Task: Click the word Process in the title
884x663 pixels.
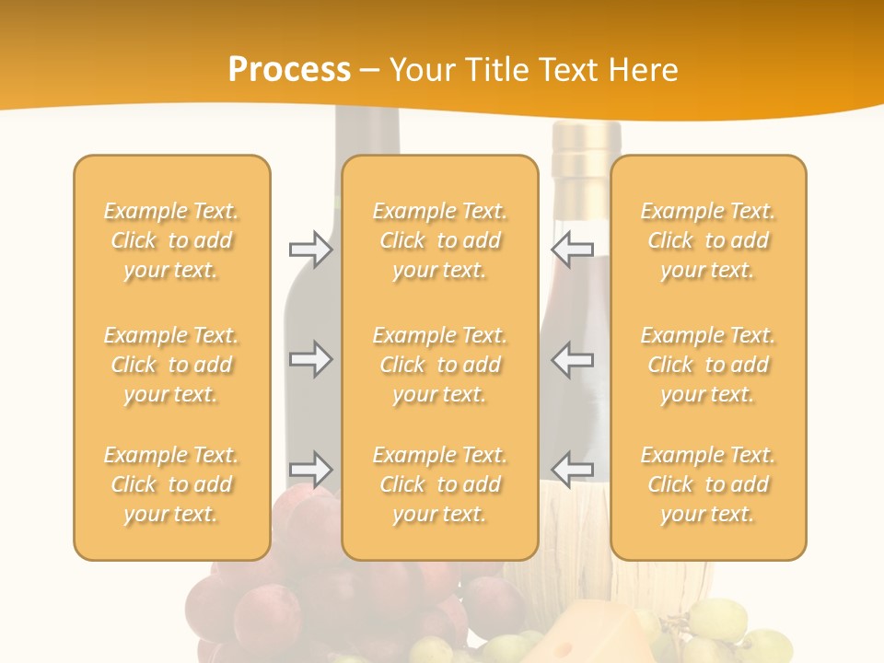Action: [x=289, y=70]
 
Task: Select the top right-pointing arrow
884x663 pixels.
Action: [x=311, y=249]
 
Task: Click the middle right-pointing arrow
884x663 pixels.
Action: [x=311, y=358]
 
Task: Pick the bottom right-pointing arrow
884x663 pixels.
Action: [x=311, y=469]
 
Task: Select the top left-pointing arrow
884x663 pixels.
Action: [x=572, y=249]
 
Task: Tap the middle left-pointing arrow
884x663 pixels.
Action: [x=572, y=358]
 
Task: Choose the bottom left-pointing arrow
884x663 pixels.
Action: [x=572, y=469]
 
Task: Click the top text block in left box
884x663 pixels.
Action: [x=171, y=240]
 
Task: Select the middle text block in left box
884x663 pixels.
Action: [x=171, y=365]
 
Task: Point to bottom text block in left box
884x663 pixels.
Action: [x=171, y=484]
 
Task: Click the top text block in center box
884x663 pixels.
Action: [x=439, y=240]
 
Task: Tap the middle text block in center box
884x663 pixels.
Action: [x=439, y=365]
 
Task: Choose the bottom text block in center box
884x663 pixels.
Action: [x=439, y=484]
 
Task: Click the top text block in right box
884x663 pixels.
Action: [x=707, y=240]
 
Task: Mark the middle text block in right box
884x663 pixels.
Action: [x=707, y=365]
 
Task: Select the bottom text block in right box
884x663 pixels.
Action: [x=707, y=484]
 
